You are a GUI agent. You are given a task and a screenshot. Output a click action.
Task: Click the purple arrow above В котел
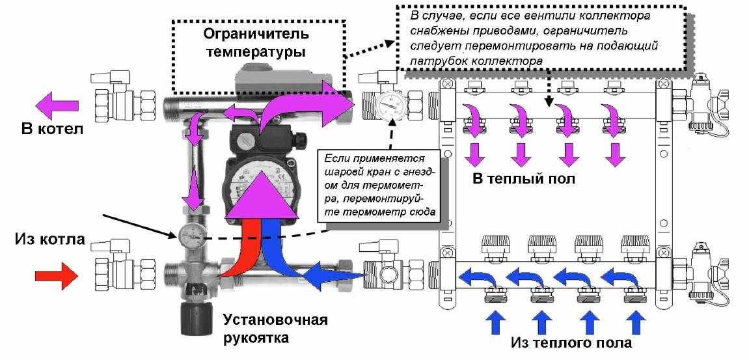tap(57, 103)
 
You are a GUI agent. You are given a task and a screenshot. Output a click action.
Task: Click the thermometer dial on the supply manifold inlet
tap(386, 105)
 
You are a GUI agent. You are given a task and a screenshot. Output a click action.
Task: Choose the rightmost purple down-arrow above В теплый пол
tap(615, 154)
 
